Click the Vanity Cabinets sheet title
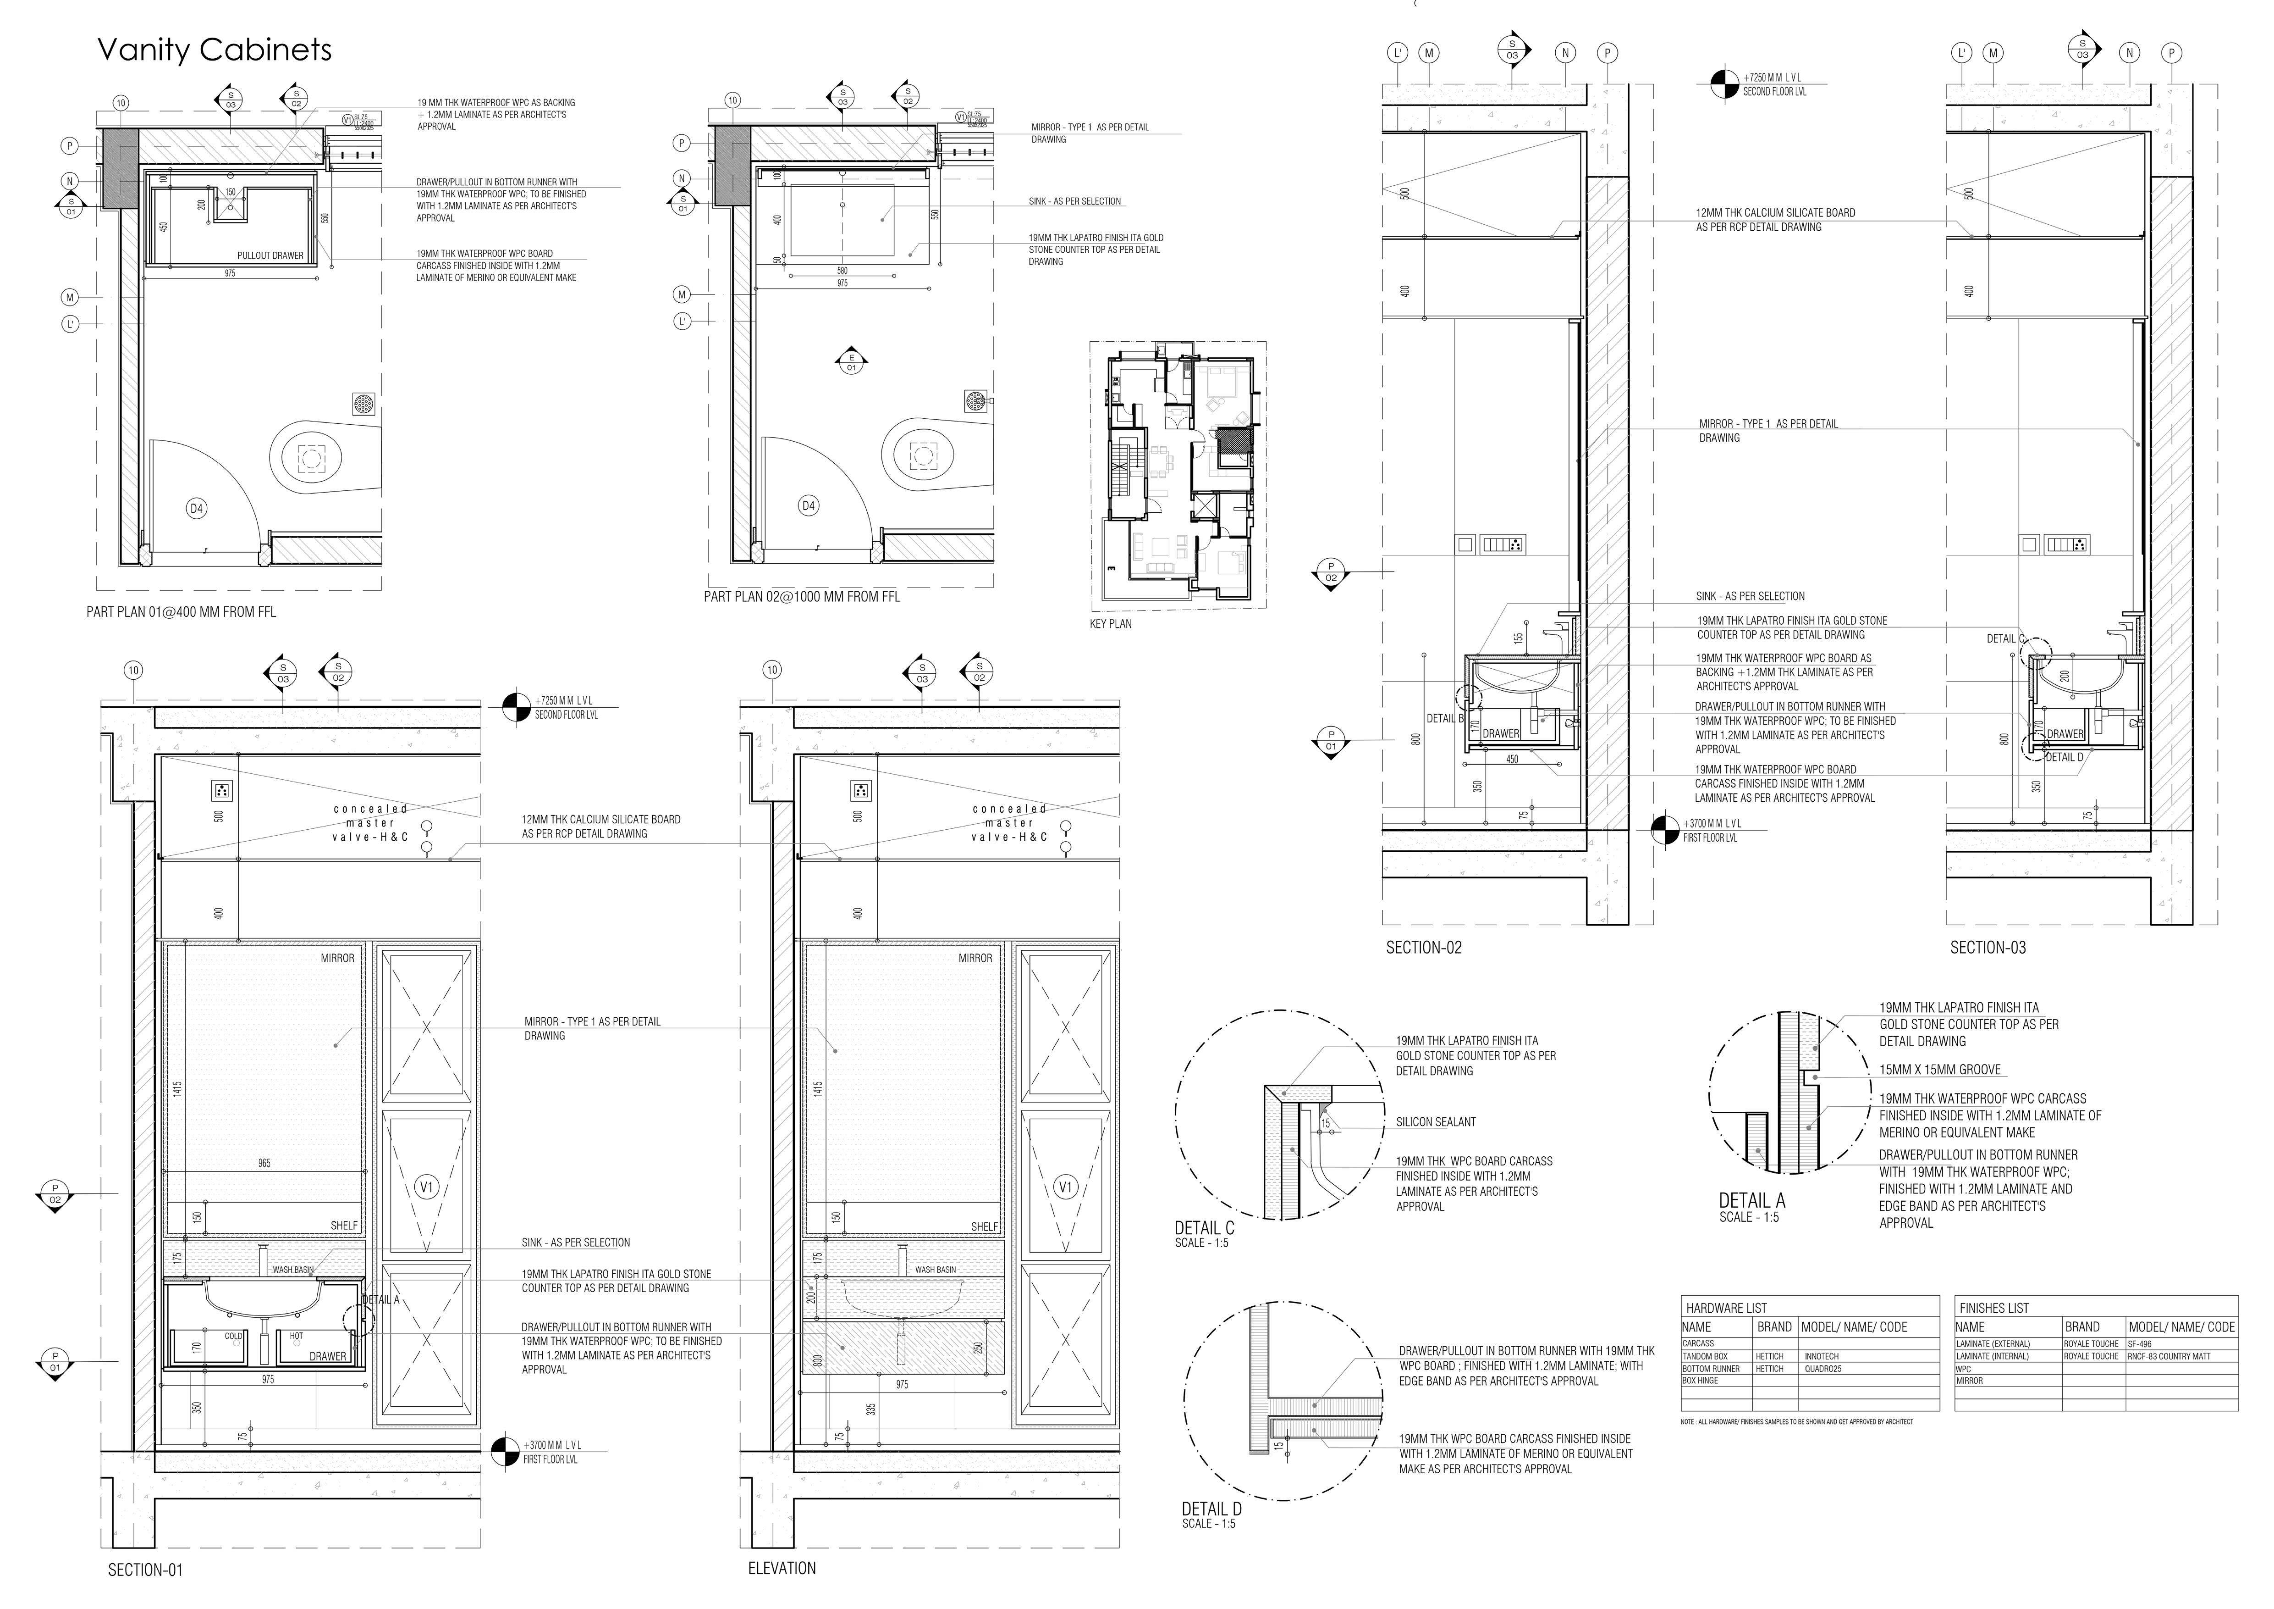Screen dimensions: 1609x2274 pos(215,50)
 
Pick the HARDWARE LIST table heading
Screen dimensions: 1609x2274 pos(1726,1308)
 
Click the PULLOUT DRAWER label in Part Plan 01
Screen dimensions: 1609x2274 pos(270,255)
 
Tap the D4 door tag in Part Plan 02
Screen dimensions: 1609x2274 pos(808,505)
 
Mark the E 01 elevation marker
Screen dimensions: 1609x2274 pos(851,363)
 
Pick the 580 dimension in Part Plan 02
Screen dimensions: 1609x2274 pos(842,271)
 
